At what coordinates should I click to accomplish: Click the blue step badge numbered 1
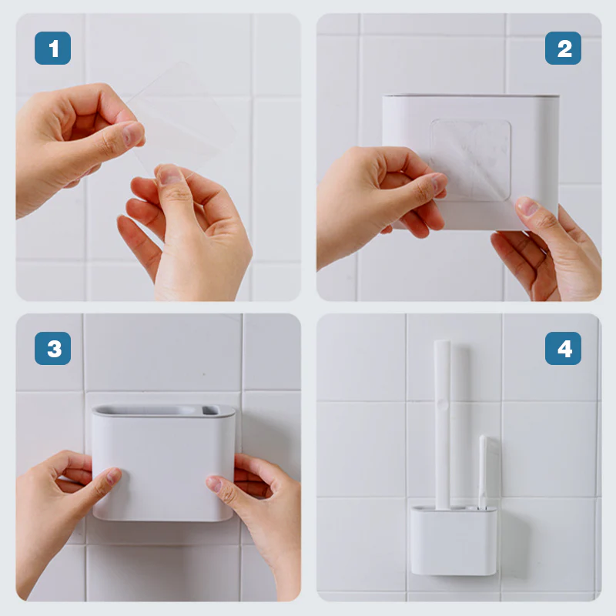(x=52, y=49)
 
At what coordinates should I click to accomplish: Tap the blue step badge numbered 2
(x=563, y=49)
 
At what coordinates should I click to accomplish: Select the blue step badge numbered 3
(x=52, y=349)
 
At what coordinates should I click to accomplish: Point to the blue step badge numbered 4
(x=563, y=349)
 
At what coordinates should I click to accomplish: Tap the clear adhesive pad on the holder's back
(x=470, y=160)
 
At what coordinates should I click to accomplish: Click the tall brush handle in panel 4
(x=442, y=424)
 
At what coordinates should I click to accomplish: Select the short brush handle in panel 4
(x=483, y=471)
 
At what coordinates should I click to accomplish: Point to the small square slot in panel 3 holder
(x=210, y=410)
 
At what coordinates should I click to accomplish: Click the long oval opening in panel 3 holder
(x=146, y=410)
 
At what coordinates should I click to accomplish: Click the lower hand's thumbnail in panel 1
(x=169, y=176)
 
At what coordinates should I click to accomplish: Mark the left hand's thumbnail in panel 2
(x=439, y=182)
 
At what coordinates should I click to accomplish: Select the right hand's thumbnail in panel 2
(x=527, y=206)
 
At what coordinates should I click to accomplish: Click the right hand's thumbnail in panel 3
(x=214, y=484)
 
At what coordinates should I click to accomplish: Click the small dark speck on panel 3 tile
(x=204, y=374)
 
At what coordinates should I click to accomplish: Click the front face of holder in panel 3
(x=163, y=467)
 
